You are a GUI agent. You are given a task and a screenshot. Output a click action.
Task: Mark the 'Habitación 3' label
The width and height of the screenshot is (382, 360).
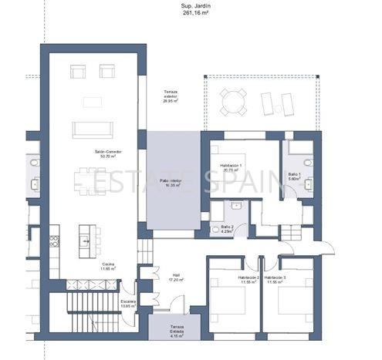[274, 279]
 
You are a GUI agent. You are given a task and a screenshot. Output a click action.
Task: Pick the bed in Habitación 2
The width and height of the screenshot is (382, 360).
[231, 308]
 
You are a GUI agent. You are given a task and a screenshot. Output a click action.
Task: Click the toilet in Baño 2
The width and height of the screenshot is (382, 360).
[215, 229]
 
